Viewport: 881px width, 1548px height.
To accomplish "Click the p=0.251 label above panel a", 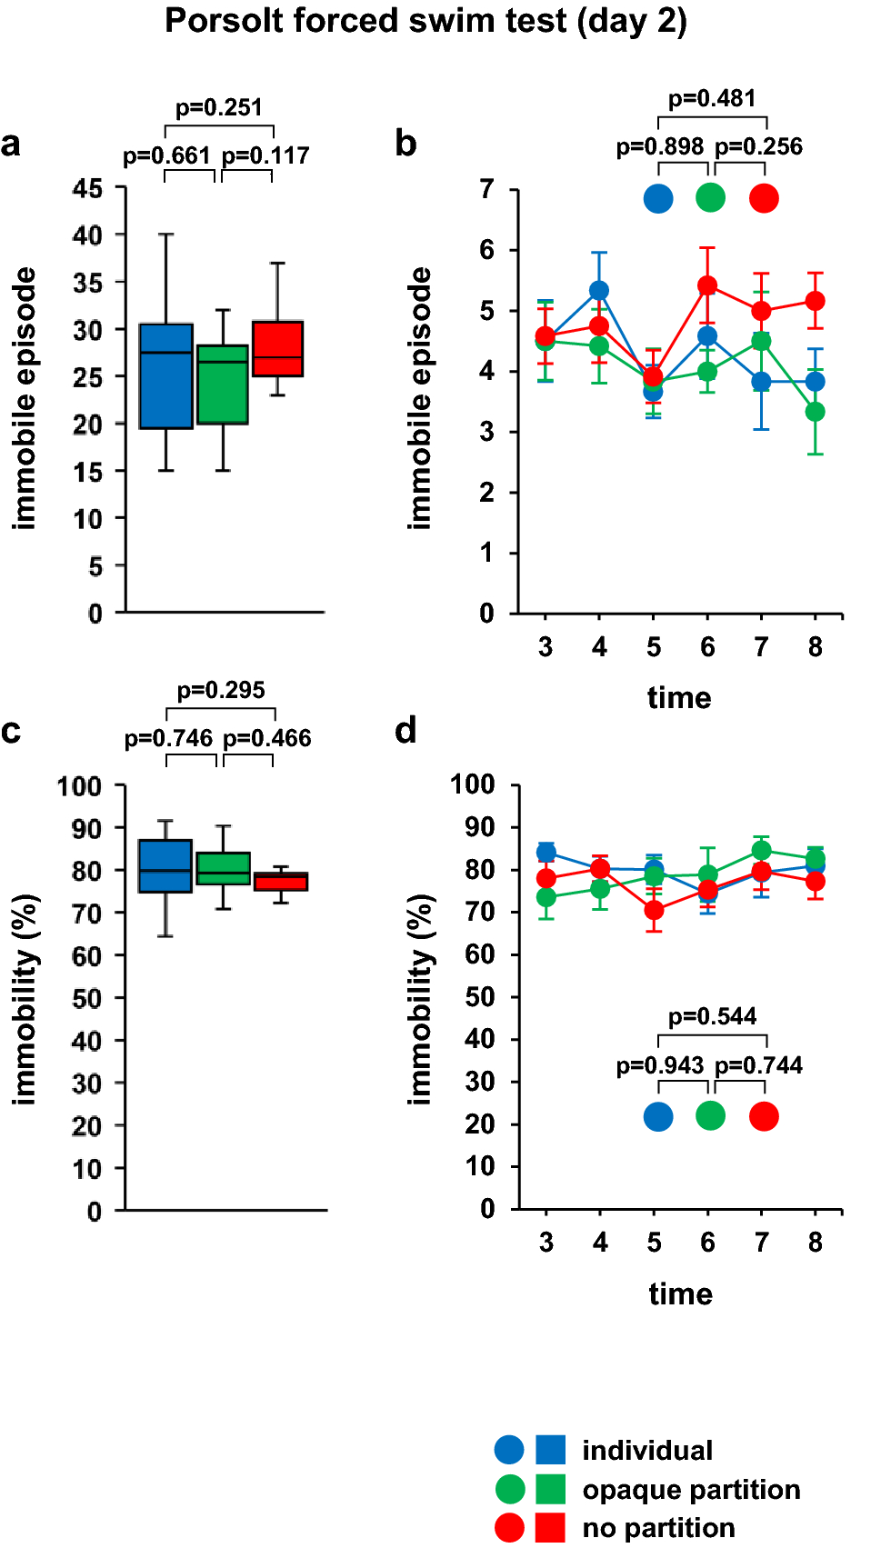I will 218,107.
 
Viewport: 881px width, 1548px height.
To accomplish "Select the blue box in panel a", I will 165,375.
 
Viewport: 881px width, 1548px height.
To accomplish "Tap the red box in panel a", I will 277,348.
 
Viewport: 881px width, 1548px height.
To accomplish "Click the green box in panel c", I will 224,868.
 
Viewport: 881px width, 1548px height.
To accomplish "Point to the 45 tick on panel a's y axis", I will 88,188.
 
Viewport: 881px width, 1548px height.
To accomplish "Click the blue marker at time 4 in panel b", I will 599,291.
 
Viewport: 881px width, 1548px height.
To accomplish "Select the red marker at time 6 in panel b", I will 707,285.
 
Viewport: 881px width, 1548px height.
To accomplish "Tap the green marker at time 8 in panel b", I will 816,412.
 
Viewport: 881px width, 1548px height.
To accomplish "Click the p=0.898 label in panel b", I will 660,146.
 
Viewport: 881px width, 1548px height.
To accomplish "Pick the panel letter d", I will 405,730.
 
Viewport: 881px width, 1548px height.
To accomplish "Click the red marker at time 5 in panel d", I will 654,911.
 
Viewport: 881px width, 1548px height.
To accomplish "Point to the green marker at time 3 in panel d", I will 546,897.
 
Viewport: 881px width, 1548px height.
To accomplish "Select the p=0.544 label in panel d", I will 712,1016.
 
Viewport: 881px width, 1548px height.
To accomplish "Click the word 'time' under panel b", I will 679,698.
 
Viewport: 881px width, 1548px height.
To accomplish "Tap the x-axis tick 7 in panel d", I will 762,1242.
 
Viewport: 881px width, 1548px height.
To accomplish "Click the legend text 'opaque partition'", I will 691,1490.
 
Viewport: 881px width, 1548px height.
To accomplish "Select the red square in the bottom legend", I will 550,1528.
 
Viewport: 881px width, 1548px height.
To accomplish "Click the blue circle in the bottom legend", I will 509,1450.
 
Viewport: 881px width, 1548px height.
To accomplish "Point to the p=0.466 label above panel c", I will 267,738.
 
